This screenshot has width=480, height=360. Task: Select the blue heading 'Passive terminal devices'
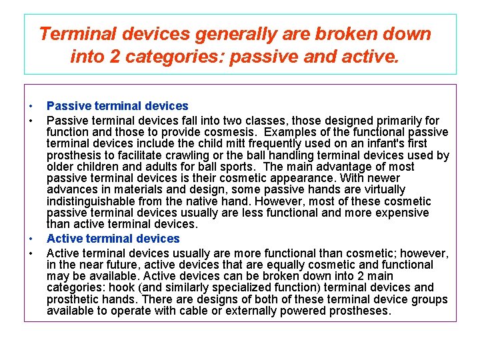point(117,106)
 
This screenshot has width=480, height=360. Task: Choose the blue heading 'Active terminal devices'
point(113,238)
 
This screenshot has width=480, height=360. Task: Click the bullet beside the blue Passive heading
point(31,107)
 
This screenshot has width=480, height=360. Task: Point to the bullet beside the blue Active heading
point(31,239)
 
